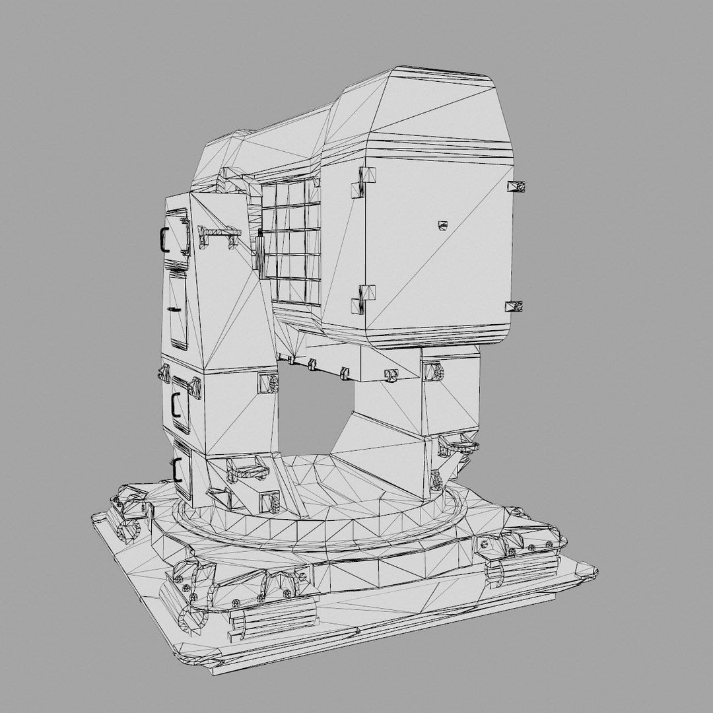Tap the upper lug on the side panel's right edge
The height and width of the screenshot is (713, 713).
tap(516, 186)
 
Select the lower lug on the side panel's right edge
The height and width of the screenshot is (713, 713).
tap(514, 306)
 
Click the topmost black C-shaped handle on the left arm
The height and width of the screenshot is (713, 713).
tap(161, 240)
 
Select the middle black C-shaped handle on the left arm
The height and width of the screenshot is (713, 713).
tap(174, 403)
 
